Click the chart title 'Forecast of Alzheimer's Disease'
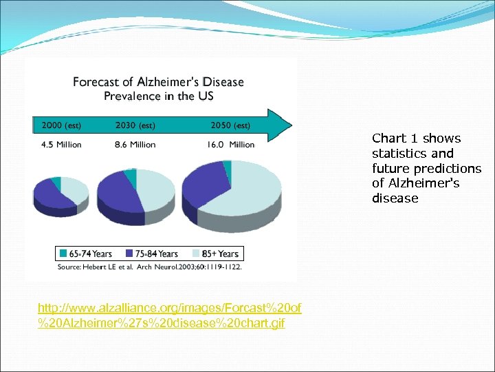pos(158,82)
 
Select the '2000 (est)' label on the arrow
pos(61,125)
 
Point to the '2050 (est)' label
pos(230,125)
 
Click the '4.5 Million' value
pos(61,145)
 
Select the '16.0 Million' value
pos(232,145)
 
